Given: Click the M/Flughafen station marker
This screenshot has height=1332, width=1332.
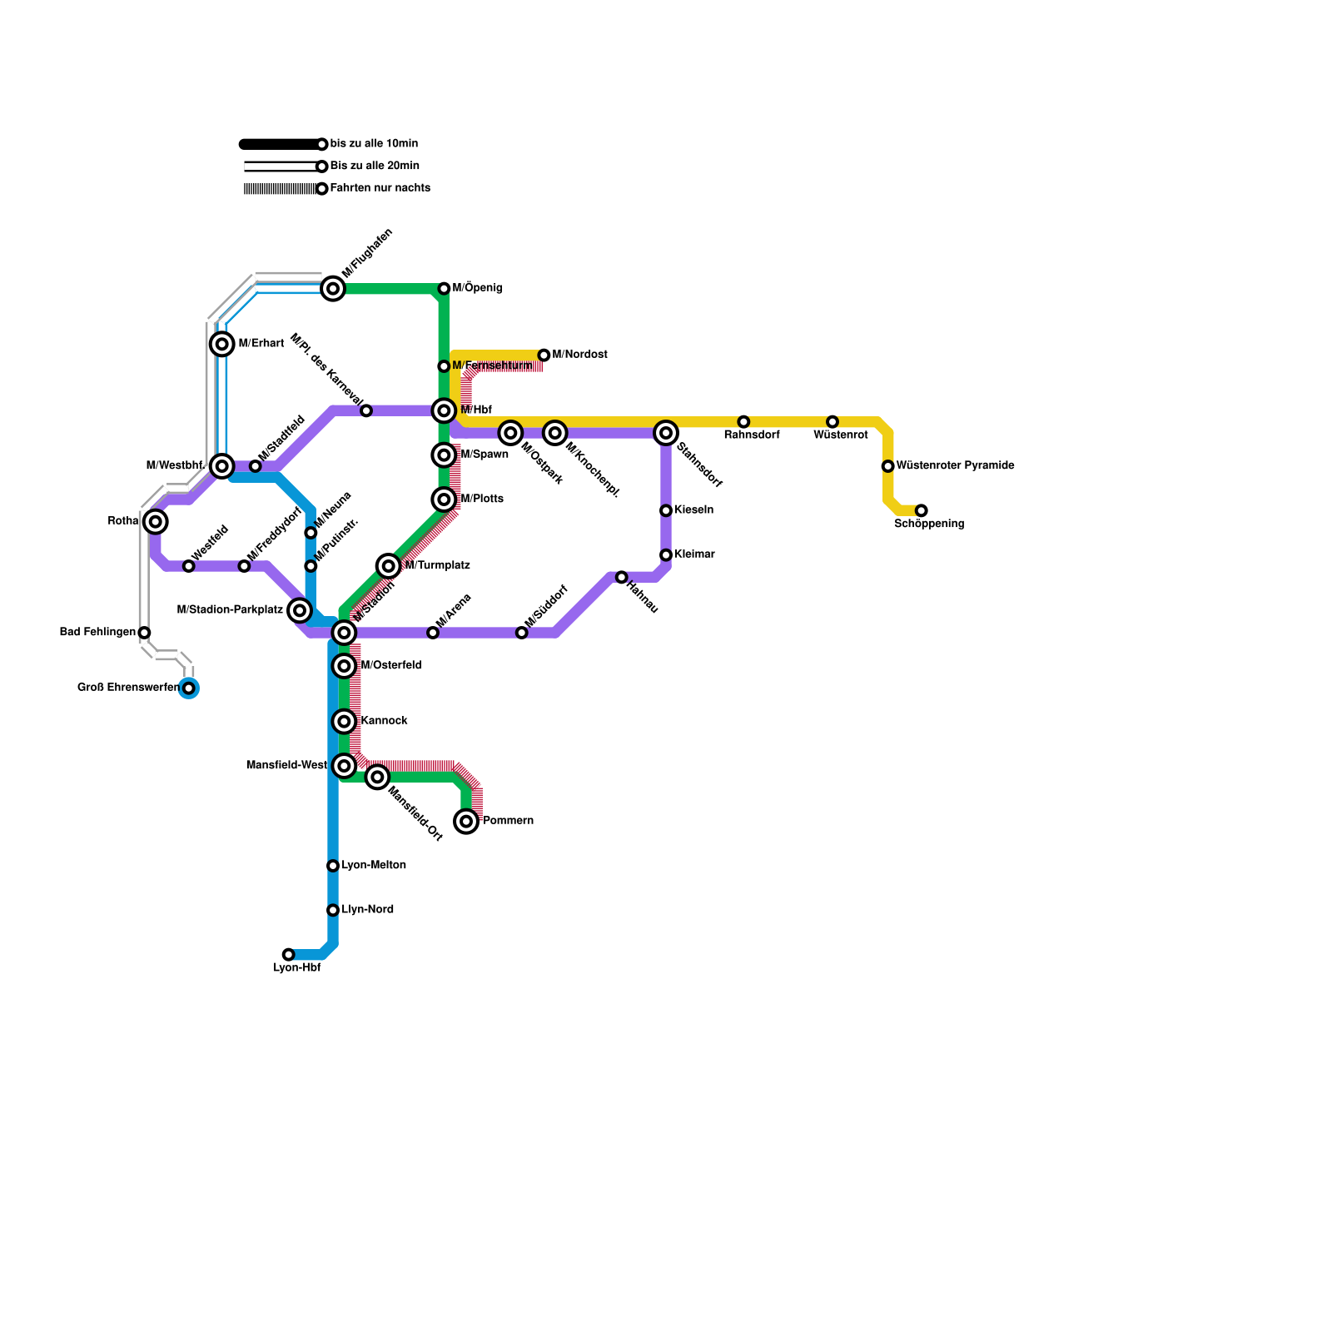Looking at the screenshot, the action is (x=333, y=289).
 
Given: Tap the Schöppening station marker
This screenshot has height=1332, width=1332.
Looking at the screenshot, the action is (x=921, y=510).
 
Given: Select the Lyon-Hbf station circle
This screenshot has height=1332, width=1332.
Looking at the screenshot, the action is (x=288, y=954).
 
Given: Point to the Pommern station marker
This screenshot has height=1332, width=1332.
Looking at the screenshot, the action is (x=466, y=822).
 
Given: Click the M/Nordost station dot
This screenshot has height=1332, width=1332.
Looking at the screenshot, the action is (x=544, y=355).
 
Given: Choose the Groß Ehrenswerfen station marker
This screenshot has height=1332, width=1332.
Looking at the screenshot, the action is (x=189, y=688).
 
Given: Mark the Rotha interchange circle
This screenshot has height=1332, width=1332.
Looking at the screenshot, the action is (x=156, y=521).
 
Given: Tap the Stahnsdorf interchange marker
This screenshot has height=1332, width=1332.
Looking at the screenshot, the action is (x=666, y=433).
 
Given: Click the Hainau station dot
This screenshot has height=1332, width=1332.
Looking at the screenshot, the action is (x=621, y=577).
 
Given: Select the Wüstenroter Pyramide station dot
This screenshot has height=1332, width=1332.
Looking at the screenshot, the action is (x=887, y=466).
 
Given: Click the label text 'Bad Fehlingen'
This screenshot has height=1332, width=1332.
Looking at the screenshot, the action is (x=97, y=633).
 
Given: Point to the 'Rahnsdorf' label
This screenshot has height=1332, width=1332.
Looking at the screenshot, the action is (x=752, y=435).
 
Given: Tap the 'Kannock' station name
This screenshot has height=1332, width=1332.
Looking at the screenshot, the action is (x=384, y=721).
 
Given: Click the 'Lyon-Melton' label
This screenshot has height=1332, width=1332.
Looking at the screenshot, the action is (x=374, y=866).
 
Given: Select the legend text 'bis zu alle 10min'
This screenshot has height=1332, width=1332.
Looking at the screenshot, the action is (x=374, y=144).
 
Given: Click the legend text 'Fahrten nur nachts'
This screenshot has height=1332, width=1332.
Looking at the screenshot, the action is (x=380, y=188).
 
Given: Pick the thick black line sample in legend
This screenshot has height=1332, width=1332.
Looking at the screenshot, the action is (x=280, y=144).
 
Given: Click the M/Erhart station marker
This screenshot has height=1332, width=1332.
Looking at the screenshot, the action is (x=221, y=344).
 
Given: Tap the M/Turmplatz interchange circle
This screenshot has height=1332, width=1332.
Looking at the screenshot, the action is (x=389, y=566).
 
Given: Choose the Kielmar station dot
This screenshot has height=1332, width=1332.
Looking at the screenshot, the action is (x=666, y=555).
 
